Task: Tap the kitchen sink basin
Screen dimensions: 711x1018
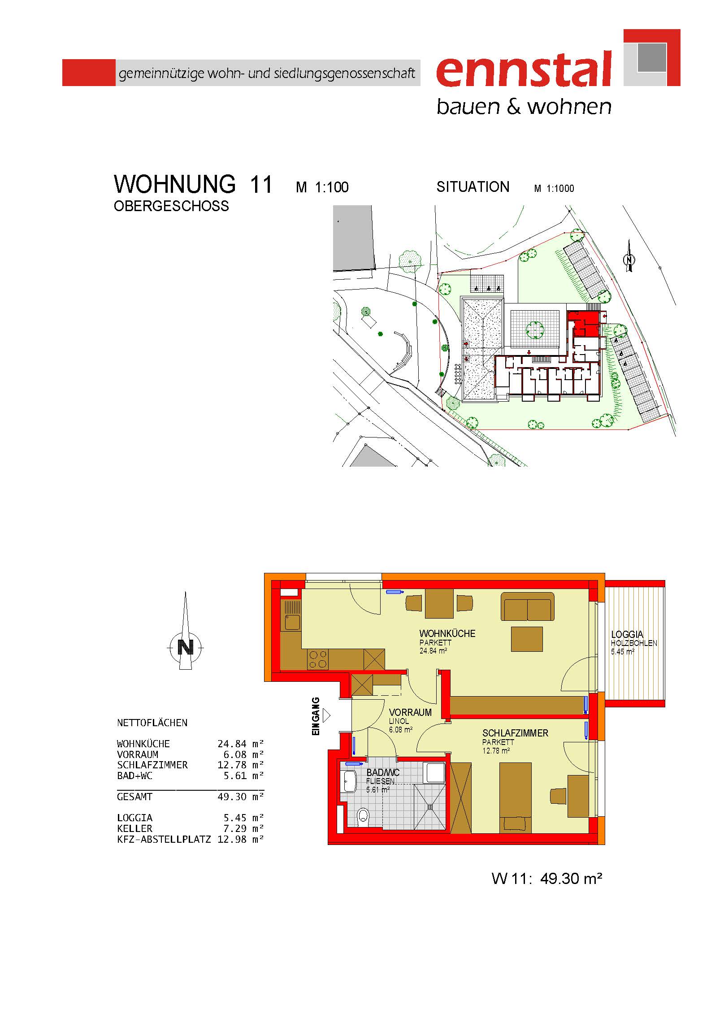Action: click(x=292, y=622)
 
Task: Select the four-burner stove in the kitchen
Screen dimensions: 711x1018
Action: click(x=318, y=659)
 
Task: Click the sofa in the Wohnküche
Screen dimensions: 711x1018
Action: click(x=528, y=606)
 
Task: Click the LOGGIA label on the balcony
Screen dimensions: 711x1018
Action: click(x=627, y=634)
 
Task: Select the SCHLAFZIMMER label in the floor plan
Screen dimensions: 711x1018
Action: click(x=515, y=733)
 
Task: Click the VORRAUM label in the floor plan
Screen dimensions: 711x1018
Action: click(x=410, y=712)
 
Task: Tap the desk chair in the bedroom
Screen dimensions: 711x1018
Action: click(x=558, y=796)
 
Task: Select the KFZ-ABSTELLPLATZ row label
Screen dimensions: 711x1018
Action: click(x=164, y=839)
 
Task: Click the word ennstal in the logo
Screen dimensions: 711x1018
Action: click(x=524, y=69)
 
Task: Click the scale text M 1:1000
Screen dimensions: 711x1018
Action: click(x=554, y=188)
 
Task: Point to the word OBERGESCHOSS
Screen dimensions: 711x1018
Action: click(x=171, y=206)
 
